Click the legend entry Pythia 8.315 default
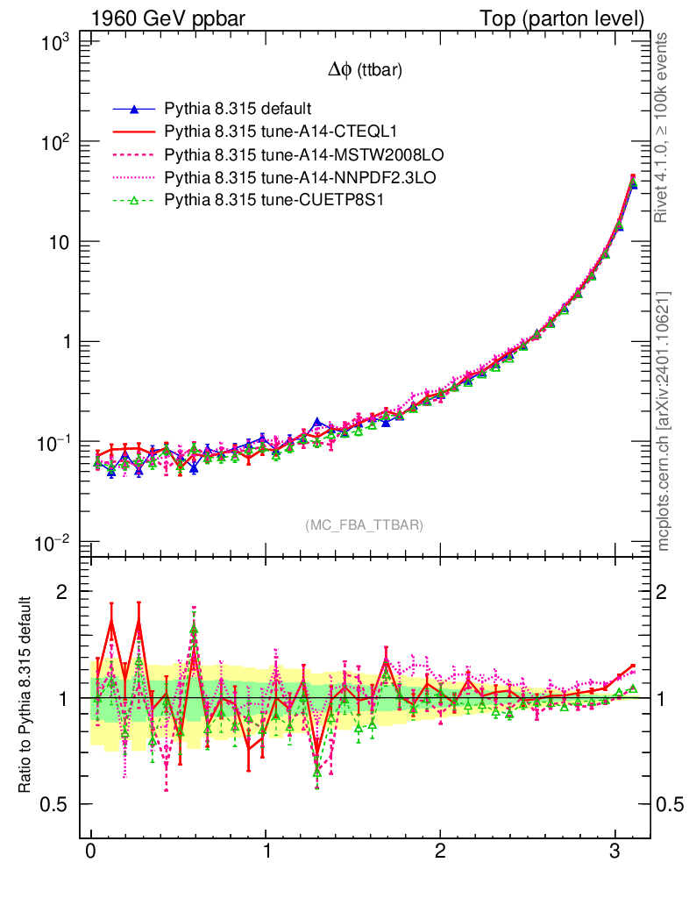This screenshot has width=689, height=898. (x=237, y=110)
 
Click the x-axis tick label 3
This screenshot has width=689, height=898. (x=616, y=852)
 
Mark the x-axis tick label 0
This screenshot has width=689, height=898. (x=91, y=852)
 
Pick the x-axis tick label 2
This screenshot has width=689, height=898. (x=441, y=852)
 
